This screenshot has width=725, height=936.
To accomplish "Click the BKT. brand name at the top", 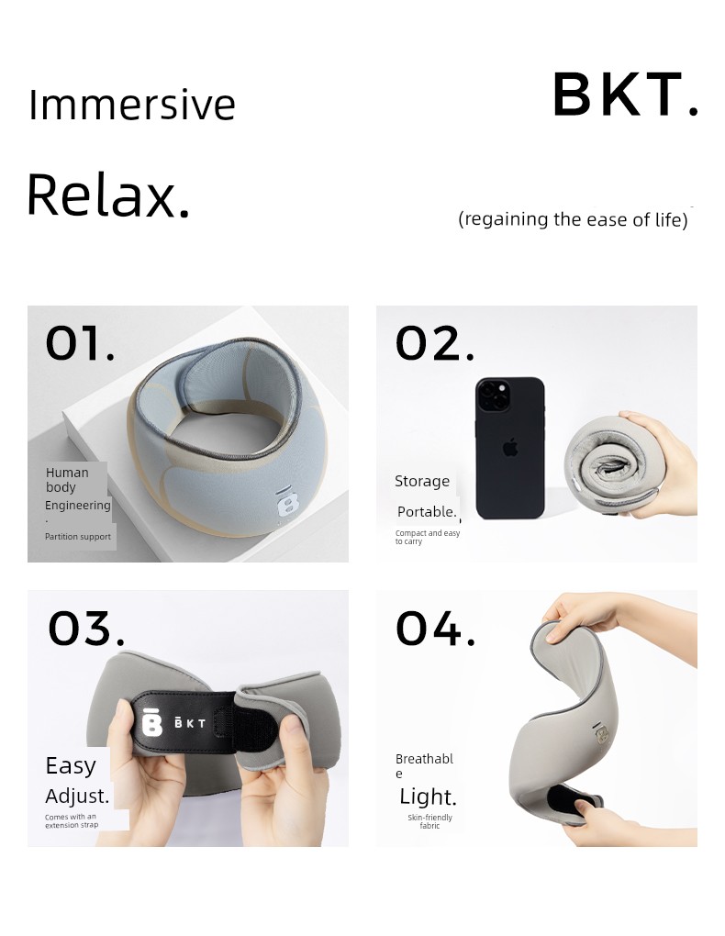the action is pos(625,95).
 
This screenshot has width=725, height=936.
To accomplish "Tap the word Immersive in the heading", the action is pos(132,105).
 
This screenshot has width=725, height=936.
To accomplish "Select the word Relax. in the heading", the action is pos(108,195).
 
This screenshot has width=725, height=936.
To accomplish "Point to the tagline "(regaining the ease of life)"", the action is pos(573,219).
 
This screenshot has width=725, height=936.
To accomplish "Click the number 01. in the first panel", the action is pos(80,343).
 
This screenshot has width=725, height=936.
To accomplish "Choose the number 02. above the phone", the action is pos(435,343).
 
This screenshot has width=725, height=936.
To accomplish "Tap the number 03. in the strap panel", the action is pos(86,628).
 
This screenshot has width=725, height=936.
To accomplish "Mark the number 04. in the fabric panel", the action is pos(436,628).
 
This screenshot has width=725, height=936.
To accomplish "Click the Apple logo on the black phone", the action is pos(510,448).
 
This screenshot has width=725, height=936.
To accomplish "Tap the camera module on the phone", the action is pos(494,395).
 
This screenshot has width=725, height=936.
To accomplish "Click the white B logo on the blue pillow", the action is pos(288,502).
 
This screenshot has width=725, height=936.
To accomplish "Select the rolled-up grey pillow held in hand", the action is pos(609,467).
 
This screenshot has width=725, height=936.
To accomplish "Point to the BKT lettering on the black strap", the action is pos(190,723).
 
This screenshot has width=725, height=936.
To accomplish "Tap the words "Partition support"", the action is pos(78,537).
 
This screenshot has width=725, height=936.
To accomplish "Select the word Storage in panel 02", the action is pos(422,481).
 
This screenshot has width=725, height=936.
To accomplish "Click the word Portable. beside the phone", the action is pos(427,511).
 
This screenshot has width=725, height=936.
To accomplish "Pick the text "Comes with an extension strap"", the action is pos(72,820).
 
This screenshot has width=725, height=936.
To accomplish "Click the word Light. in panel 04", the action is pos(429,797).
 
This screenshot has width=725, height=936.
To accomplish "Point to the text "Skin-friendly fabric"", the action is pos(430,821).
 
